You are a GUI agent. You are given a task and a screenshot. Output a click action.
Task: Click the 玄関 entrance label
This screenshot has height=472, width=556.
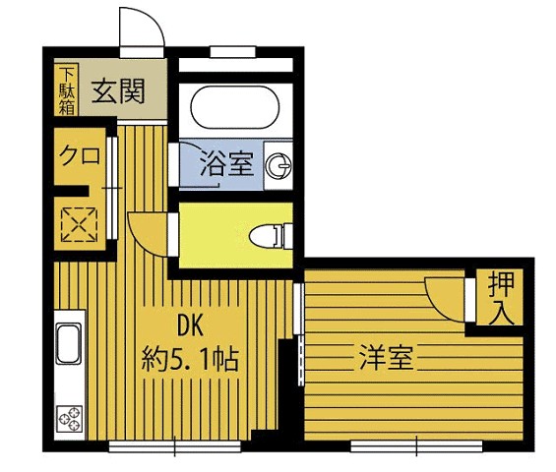[119, 92]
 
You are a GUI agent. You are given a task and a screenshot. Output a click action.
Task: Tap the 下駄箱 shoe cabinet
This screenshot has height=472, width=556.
[66, 90]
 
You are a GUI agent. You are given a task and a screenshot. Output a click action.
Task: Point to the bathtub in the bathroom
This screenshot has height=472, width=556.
[233, 111]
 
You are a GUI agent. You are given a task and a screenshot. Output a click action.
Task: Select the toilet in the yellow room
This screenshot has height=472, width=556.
[267, 236]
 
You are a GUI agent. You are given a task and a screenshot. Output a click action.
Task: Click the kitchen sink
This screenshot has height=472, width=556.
[68, 344]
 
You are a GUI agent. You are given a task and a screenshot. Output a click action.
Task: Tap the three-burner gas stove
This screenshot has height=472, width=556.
[70, 421]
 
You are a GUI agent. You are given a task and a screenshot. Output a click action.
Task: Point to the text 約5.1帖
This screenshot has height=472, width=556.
[190, 359]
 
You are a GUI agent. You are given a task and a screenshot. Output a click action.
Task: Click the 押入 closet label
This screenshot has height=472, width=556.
[499, 299]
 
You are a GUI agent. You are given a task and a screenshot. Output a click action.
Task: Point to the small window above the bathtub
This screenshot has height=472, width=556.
[233, 51]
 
